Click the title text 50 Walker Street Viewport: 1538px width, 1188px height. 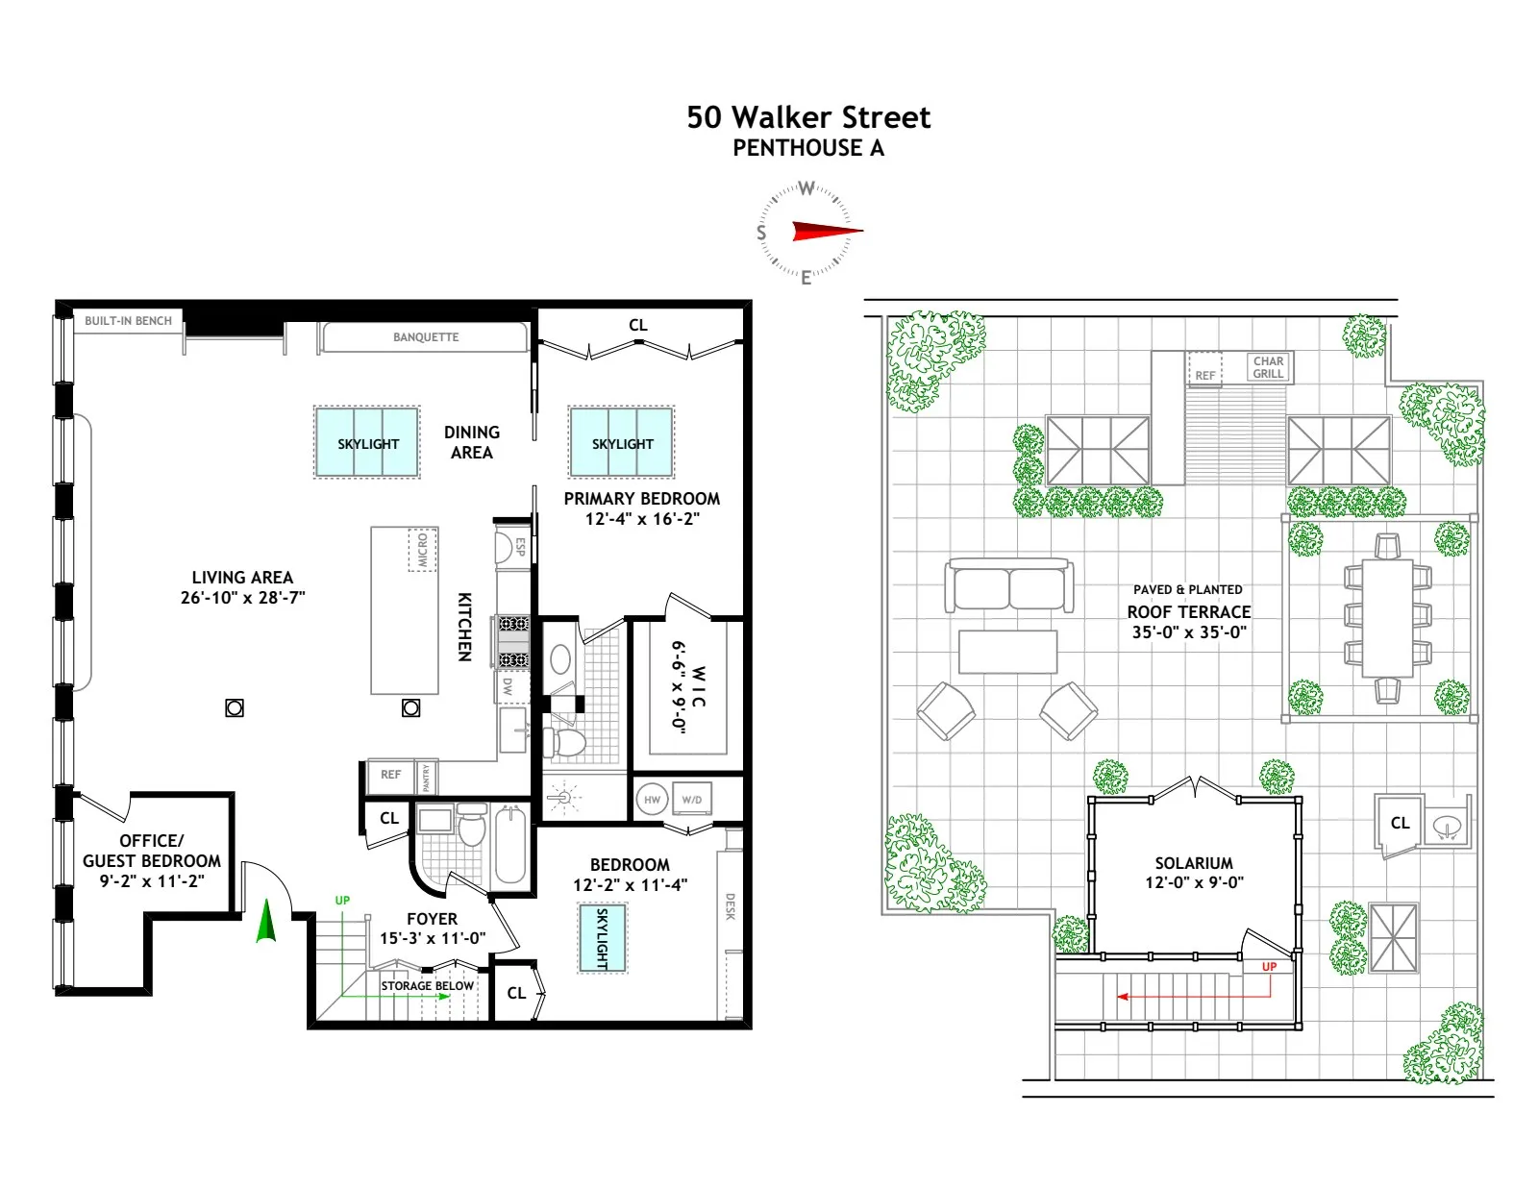pyautogui.click(x=808, y=118)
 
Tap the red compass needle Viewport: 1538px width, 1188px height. pyautogui.click(x=825, y=231)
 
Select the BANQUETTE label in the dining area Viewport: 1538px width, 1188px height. pyautogui.click(x=425, y=337)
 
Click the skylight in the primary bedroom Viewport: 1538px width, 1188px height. pyautogui.click(x=622, y=443)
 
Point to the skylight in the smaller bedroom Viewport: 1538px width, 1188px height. pyautogui.click(x=603, y=938)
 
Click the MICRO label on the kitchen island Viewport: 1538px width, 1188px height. pyautogui.click(x=422, y=550)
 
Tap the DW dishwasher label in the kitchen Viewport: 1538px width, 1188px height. pyautogui.click(x=508, y=686)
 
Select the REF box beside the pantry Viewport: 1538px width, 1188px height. pyautogui.click(x=390, y=775)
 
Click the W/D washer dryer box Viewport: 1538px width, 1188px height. pyautogui.click(x=691, y=800)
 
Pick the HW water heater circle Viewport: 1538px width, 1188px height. pyautogui.click(x=653, y=800)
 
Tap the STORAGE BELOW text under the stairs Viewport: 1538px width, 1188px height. pyautogui.click(x=427, y=986)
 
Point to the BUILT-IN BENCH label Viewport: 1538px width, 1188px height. pyautogui.click(x=128, y=321)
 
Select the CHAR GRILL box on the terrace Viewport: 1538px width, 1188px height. pyautogui.click(x=1268, y=367)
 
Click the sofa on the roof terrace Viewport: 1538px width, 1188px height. pyautogui.click(x=1008, y=585)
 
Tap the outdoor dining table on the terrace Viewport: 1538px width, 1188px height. pyautogui.click(x=1387, y=618)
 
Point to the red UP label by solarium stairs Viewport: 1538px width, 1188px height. pyautogui.click(x=1269, y=967)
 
